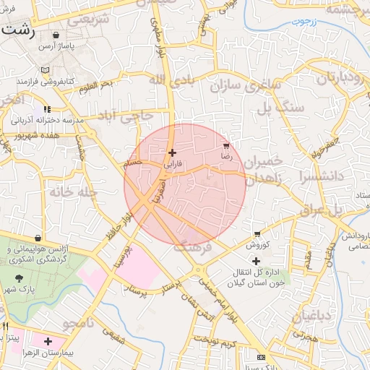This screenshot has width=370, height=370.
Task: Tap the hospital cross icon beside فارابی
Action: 172,152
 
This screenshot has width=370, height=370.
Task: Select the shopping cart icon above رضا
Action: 227,145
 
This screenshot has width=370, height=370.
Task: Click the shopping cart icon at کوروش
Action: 257,233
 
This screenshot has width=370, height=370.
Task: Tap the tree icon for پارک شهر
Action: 19,277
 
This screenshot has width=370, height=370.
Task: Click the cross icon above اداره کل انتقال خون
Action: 256,260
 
